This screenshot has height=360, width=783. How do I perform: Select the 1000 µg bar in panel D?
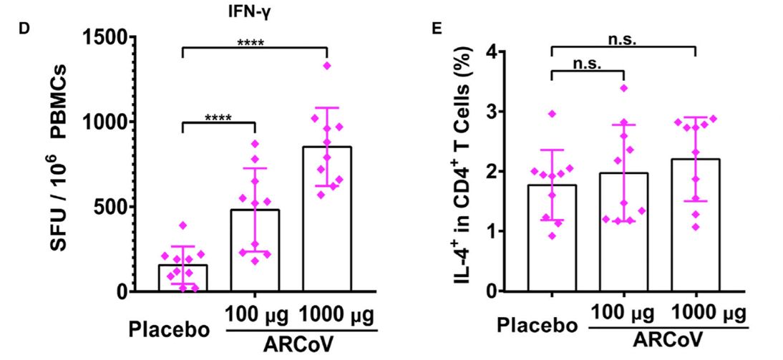327,219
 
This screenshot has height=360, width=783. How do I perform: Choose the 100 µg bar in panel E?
623,232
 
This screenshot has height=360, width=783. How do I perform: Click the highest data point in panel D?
327,66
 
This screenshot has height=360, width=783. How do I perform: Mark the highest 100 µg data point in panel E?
623,88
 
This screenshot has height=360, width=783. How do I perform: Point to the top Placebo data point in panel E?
552,114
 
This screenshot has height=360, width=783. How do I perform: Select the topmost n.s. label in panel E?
623,40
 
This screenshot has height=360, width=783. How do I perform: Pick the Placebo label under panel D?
169,330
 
